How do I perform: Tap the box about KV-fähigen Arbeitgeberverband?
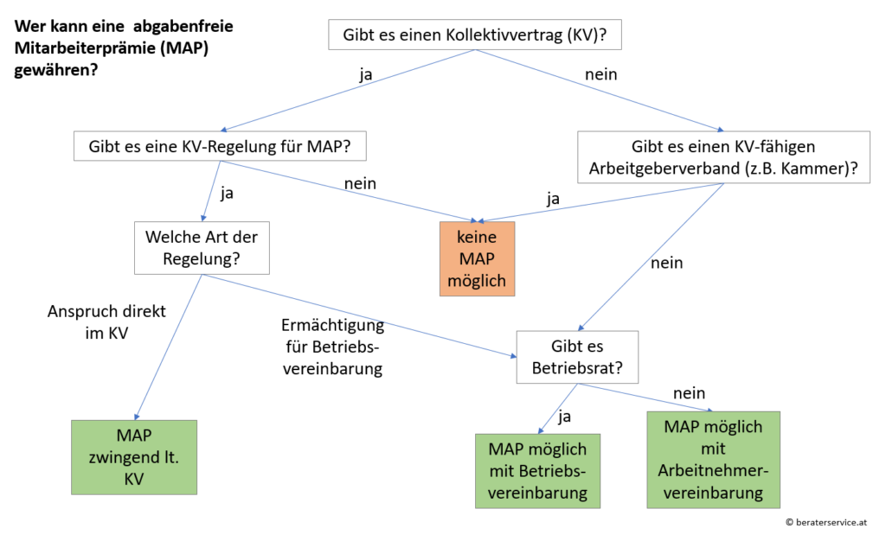[722, 157]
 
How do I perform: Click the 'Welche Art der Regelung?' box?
[202, 248]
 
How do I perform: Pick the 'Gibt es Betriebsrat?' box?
[576, 357]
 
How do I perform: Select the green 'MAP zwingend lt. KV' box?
[134, 456]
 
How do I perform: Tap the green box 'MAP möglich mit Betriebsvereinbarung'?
[538, 470]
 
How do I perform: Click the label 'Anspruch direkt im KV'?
[94, 321]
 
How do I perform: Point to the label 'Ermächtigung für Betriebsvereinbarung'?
[332, 347]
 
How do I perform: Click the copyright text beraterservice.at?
[827, 522]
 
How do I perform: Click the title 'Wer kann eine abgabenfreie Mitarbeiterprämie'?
[124, 48]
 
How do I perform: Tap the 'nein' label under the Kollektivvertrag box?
[600, 74]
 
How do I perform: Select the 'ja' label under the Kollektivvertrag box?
[367, 73]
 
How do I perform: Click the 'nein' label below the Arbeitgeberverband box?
[666, 263]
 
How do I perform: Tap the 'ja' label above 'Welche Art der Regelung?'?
[227, 193]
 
